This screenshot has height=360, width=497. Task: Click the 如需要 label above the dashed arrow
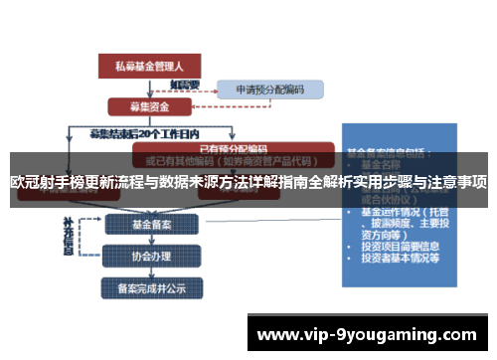click(185, 84)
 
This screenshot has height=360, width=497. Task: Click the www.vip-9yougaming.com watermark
click(367, 333)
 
